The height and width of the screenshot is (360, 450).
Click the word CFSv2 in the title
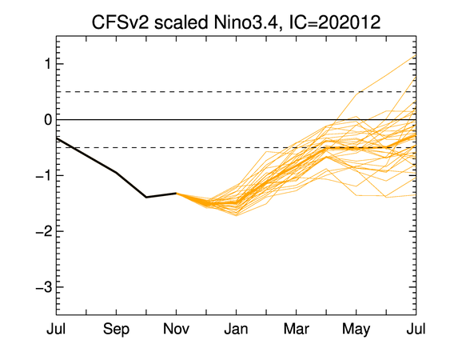click(x=120, y=22)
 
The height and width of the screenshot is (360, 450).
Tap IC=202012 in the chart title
click(x=334, y=22)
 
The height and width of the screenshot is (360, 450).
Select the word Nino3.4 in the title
click(x=245, y=22)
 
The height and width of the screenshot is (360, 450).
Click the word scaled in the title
click(x=181, y=22)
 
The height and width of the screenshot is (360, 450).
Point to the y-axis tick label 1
click(x=48, y=64)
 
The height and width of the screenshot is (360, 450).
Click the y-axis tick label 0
click(x=48, y=120)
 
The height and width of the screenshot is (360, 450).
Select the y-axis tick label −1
click(x=44, y=175)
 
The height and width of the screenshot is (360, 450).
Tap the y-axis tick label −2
click(x=44, y=231)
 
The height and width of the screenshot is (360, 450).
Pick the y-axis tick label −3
click(x=44, y=287)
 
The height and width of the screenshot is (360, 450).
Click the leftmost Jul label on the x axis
click(x=56, y=329)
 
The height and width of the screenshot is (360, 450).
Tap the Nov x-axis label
click(x=176, y=329)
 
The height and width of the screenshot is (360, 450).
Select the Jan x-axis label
click(x=237, y=329)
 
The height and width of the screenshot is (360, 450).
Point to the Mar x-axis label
click(x=297, y=329)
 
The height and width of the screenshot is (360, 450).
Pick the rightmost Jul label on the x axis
click(x=416, y=329)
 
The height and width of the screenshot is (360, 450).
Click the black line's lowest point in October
click(x=146, y=197)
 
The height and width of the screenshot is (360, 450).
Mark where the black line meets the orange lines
click(x=176, y=193)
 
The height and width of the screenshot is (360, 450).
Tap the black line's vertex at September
click(x=116, y=172)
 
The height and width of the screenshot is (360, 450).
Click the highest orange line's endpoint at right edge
click(x=416, y=55)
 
